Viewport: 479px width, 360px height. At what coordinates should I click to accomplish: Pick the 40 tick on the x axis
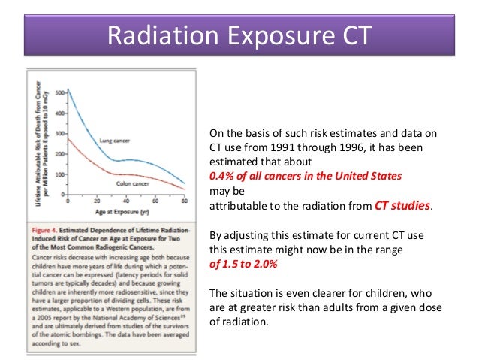coord(126,201)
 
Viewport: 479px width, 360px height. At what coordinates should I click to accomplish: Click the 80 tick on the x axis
coord(185,201)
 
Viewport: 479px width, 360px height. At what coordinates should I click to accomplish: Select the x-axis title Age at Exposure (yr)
coord(126,212)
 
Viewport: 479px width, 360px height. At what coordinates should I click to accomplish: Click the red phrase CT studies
coord(402,204)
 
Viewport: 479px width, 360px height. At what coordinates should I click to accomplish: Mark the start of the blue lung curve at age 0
coord(68,90)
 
